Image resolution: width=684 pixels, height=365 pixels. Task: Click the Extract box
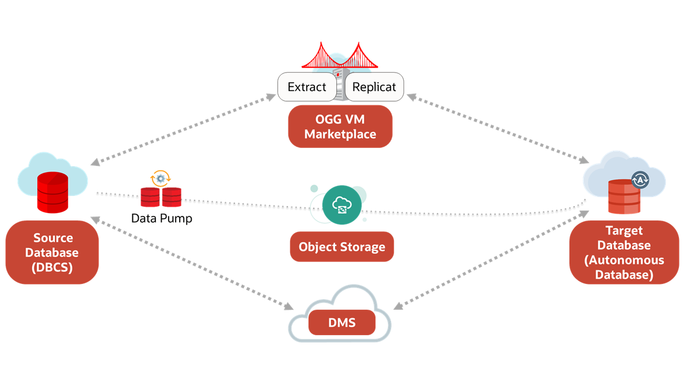pos(307,88)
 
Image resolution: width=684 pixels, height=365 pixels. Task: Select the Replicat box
pos(374,88)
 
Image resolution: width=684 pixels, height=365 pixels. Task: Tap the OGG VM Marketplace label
pos(340,126)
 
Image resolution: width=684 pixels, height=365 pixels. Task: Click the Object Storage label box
pos(341,247)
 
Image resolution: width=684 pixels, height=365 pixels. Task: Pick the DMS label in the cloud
pos(341,323)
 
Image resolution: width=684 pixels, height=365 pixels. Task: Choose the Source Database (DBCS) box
pos(52,253)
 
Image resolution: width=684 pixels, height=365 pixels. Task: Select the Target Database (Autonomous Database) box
pos(624,253)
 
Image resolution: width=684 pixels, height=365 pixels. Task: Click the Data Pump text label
pos(161,219)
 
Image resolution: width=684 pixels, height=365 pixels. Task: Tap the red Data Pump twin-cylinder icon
pos(161,197)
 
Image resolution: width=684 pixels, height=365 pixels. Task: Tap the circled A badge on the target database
pos(640,180)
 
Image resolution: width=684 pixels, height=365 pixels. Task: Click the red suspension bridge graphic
pos(340,58)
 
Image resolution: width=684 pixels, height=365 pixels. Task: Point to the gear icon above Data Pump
pos(160,178)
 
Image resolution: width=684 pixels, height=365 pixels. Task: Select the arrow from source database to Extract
pos(183,130)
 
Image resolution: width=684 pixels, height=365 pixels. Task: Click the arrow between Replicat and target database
pos(498,130)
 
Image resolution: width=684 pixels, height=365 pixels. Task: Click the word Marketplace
pos(340,134)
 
